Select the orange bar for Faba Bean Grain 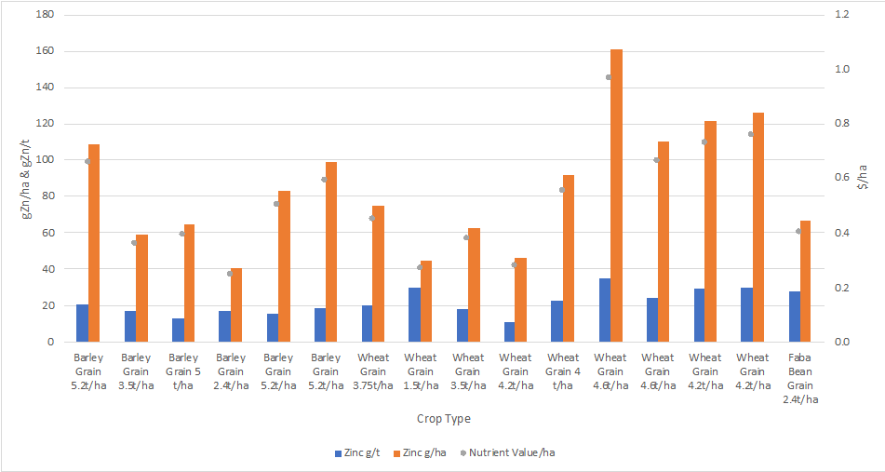[805, 281]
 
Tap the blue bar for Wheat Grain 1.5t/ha [414, 315]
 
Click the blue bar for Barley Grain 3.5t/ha [129, 326]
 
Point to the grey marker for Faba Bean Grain [798, 231]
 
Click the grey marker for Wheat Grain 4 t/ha [562, 190]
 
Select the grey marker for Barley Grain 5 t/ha [182, 234]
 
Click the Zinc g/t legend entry [357, 453]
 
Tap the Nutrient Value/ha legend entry [511, 453]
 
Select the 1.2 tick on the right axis [842, 16]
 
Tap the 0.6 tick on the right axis [842, 178]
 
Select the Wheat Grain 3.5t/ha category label [468, 371]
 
